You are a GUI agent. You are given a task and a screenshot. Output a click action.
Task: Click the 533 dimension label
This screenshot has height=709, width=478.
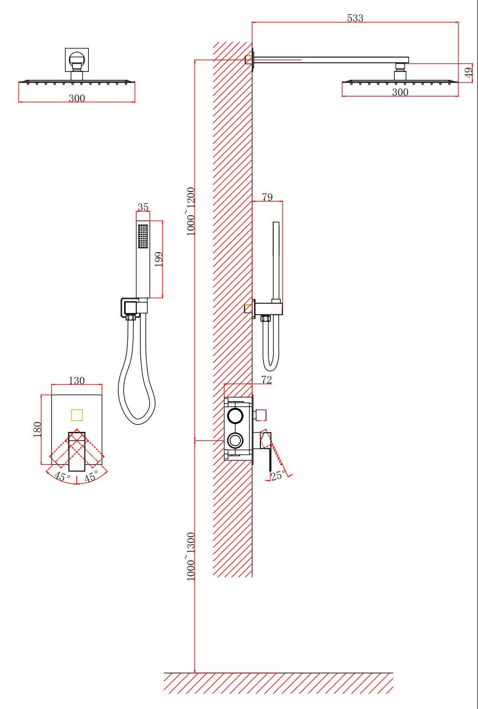pyautogui.click(x=355, y=18)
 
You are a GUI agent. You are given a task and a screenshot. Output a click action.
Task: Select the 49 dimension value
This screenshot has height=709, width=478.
pyautogui.click(x=468, y=73)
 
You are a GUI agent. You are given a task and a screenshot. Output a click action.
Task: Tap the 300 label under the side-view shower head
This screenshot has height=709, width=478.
pyautogui.click(x=400, y=92)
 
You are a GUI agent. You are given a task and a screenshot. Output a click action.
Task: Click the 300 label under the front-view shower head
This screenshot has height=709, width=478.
pyautogui.click(x=77, y=98)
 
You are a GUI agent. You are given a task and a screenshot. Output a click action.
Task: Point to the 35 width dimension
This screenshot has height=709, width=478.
pyautogui.click(x=143, y=207)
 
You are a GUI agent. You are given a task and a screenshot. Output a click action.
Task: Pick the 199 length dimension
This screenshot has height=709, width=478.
pyautogui.click(x=159, y=259)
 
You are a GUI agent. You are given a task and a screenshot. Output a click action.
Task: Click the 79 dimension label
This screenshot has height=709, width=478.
pyautogui.click(x=267, y=197)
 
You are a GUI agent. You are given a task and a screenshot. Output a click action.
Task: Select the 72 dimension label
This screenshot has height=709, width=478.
pyautogui.click(x=267, y=380)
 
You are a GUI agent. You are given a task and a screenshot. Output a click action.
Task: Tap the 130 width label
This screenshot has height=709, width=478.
pyautogui.click(x=77, y=381)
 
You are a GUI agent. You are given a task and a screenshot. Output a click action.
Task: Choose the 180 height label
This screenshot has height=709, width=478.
pyautogui.click(x=37, y=429)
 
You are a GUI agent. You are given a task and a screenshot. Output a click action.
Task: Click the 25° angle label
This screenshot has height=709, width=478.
pyautogui.click(x=278, y=475)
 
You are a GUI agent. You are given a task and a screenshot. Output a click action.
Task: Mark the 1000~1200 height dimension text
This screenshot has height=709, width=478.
pyautogui.click(x=191, y=212)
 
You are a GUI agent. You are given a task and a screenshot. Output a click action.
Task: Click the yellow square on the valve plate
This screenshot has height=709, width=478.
pyautogui.click(x=77, y=415)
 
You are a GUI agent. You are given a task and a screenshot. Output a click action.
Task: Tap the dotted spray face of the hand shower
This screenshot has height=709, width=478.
pyautogui.click(x=143, y=236)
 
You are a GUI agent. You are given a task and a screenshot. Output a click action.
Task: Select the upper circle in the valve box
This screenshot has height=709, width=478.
pyautogui.click(x=236, y=415)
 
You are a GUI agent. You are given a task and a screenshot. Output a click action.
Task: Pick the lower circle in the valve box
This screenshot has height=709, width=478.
pyautogui.click(x=236, y=441)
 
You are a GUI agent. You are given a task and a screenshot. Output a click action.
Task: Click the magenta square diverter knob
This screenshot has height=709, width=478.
pyautogui.click(x=261, y=415)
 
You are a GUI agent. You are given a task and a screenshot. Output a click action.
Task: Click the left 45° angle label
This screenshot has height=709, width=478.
pyautogui.click(x=62, y=477)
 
